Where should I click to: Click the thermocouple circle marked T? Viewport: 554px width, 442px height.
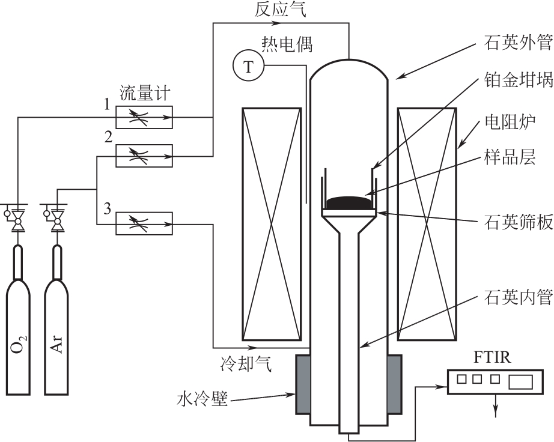pyautogui.click(x=248, y=65)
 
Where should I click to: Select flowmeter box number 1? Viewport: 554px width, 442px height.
pyautogui.click(x=144, y=117)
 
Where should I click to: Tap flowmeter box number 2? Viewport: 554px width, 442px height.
pyautogui.click(x=144, y=156)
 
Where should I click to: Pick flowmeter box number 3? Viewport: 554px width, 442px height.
pyautogui.click(x=144, y=223)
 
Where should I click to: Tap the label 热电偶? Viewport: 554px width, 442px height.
pyautogui.click(x=287, y=45)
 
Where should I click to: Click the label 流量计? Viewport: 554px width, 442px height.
pyautogui.click(x=145, y=94)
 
